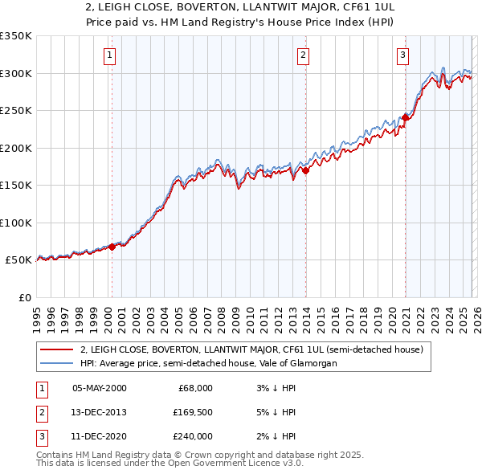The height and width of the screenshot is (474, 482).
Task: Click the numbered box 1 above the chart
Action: tap(109, 55)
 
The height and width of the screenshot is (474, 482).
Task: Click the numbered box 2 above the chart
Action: tap(303, 55)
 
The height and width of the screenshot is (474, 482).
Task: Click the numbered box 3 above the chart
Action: tap(402, 55)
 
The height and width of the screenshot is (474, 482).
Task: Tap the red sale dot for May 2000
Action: tap(112, 247)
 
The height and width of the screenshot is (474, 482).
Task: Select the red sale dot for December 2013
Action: tap(305, 170)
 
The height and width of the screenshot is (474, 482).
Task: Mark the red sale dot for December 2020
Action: tap(405, 117)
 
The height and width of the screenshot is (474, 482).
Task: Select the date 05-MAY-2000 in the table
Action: tap(99, 388)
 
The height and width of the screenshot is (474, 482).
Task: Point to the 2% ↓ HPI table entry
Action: tap(278, 436)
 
